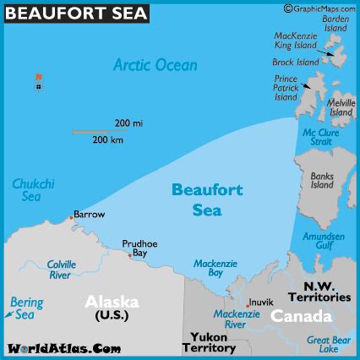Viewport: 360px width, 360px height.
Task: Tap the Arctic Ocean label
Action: click(x=155, y=65)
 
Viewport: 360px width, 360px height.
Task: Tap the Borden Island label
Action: click(x=335, y=23)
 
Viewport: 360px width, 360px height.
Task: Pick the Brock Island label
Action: click(x=296, y=63)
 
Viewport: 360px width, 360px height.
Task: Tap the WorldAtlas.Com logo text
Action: click(x=60, y=348)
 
